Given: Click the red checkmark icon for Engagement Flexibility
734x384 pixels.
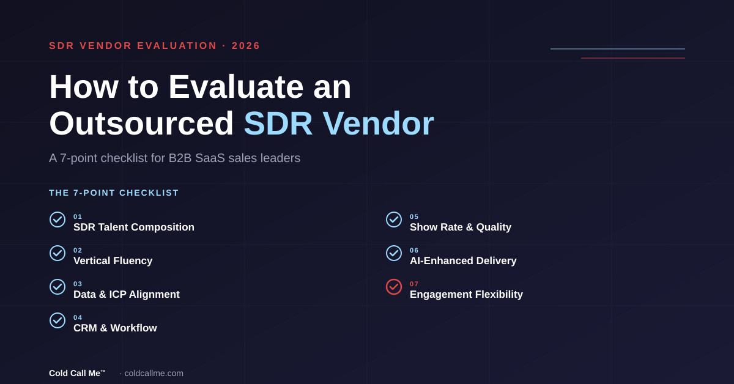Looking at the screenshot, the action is [393, 287].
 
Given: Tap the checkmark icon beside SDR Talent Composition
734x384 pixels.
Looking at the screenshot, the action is [57, 220].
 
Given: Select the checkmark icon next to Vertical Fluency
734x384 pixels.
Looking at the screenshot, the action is [57, 253].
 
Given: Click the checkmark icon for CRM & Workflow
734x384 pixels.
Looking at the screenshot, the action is [57, 320].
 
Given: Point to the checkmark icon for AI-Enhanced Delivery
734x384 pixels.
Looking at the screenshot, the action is [393, 253].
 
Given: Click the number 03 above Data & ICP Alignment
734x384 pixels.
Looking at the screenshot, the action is [78, 284].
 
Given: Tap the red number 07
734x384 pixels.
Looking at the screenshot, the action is [414, 284].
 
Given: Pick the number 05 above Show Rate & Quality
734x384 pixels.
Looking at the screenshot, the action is [414, 216].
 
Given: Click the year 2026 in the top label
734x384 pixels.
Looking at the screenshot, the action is [246, 45].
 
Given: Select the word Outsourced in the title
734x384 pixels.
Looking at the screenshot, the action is [141, 124].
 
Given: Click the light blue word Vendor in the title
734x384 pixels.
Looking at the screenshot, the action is [378, 124].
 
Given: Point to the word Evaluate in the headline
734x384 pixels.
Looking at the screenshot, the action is [236, 87].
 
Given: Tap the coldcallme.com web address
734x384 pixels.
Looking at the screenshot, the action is [154, 373].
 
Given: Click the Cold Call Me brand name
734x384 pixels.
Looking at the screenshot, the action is [77, 373].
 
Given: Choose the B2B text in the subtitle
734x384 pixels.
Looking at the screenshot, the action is [180, 158].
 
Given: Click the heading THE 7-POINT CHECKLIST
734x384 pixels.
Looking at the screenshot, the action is [114, 193].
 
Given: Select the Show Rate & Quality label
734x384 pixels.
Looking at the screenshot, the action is [461, 227].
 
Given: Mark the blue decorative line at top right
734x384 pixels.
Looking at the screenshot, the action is [618, 49].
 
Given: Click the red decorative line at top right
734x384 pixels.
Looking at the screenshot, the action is [633, 58].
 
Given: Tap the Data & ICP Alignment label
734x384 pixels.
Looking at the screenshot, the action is [127, 294].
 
